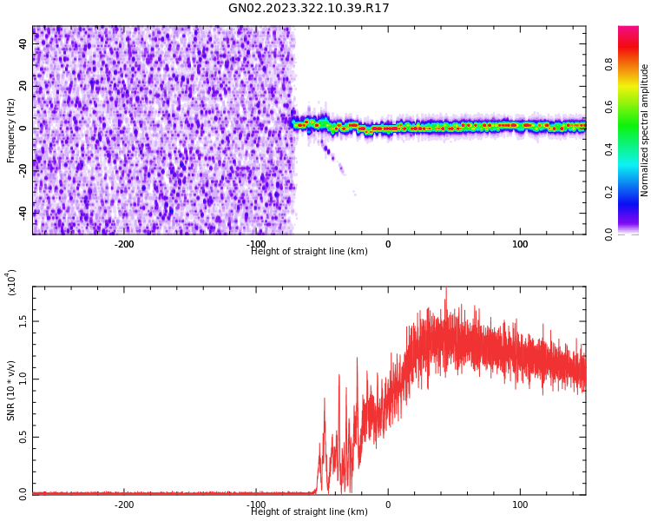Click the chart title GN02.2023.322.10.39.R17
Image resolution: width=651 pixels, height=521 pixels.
[x=309, y=9]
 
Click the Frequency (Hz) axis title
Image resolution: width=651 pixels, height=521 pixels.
[x=11, y=130]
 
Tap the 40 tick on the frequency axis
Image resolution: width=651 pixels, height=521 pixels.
[x=23, y=44]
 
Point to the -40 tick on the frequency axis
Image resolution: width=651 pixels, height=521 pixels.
[x=23, y=212]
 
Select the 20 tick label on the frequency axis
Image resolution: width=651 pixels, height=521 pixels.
[x=23, y=86]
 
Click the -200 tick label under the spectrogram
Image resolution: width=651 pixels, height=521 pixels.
[x=124, y=244]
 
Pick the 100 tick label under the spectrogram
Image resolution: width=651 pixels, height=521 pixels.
[x=520, y=244]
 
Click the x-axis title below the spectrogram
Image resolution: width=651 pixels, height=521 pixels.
[x=309, y=252]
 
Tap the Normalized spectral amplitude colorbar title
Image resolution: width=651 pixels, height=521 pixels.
[x=645, y=130]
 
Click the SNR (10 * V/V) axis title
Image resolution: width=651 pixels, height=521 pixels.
[x=11, y=391]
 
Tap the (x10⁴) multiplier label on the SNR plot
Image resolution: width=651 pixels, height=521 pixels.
[x=12, y=282]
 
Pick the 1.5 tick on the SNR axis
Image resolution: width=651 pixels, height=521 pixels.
[x=23, y=320]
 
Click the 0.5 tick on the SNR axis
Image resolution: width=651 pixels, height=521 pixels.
[x=23, y=436]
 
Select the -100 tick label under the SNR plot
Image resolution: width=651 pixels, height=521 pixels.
[x=256, y=505]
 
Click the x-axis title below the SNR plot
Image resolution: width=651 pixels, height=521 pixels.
[x=309, y=512]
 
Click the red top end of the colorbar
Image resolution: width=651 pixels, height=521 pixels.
[x=628, y=30]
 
